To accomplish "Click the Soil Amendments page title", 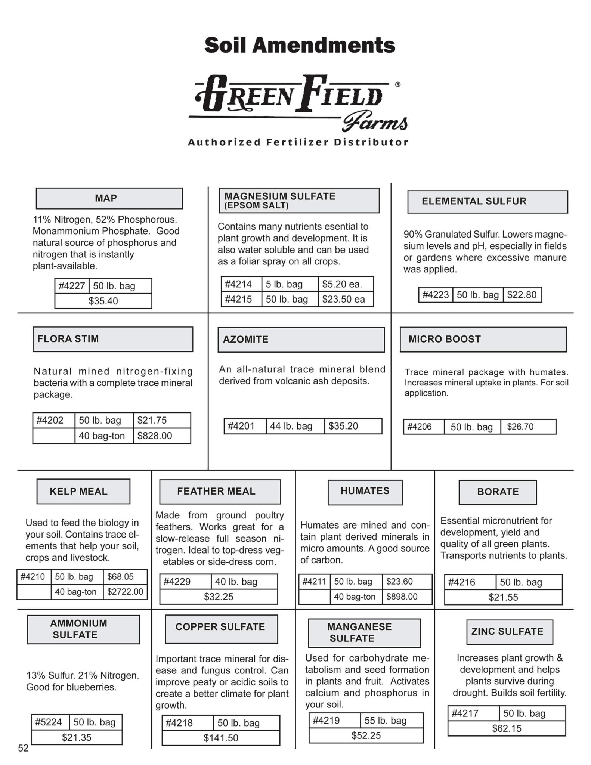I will point(300,46).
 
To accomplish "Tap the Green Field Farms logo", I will point(297,103).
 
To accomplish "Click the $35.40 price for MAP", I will point(103,301).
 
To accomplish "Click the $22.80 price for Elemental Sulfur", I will point(522,295).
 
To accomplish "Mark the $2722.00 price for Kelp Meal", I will point(125,592).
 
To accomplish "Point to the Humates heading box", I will point(365,492).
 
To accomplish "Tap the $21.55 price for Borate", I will point(503,597).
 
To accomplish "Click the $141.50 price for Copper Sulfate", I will point(221,738).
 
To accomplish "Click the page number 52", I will point(24,748).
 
